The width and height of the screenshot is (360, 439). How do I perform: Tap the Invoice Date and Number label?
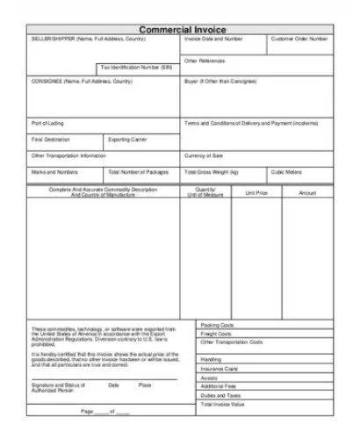(213, 40)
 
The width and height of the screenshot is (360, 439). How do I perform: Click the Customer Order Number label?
(299, 40)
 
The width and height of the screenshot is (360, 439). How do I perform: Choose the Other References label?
(205, 61)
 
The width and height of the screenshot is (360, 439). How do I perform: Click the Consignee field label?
(82, 82)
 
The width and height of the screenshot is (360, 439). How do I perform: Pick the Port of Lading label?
(47, 123)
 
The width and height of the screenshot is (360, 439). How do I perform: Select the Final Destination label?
(50, 139)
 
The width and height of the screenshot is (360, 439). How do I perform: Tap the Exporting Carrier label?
(127, 139)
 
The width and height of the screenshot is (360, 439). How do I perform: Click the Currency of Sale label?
(205, 155)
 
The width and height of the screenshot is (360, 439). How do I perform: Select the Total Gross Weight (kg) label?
(212, 172)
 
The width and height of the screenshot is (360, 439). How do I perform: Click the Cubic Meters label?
(286, 172)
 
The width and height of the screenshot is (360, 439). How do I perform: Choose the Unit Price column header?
(256, 191)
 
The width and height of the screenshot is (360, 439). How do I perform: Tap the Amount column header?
(307, 191)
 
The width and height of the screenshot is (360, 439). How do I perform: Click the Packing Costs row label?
(216, 324)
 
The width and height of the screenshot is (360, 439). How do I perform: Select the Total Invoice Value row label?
(223, 405)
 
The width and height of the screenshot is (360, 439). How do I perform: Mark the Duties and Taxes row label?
(220, 395)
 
